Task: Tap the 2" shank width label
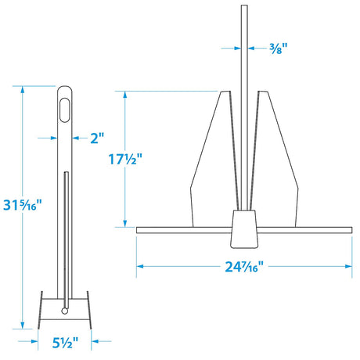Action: (95, 138)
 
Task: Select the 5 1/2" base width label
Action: (64, 341)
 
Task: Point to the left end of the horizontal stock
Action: (139, 229)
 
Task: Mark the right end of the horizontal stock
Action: (349, 229)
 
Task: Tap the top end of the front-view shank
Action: (244, 8)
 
